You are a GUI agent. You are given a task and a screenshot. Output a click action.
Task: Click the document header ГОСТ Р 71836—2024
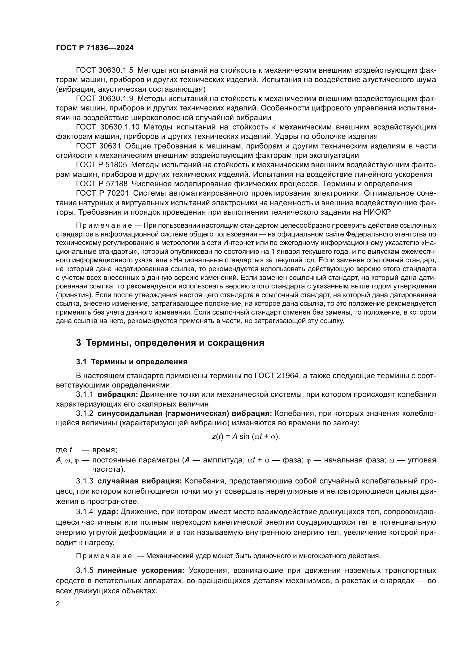pyautogui.click(x=95, y=48)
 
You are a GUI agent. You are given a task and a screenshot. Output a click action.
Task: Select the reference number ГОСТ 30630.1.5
pyautogui.click(x=105, y=70)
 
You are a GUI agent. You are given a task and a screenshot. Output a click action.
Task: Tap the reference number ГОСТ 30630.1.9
pyautogui.click(x=105, y=99)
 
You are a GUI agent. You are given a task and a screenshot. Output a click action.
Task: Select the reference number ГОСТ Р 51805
pyautogui.click(x=101, y=165)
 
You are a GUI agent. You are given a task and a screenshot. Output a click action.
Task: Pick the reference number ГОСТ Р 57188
pyautogui.click(x=101, y=184)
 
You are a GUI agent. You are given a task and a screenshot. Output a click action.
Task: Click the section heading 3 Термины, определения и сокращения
pyautogui.click(x=170, y=343)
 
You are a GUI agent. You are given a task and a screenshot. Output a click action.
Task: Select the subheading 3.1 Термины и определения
pyautogui.click(x=132, y=362)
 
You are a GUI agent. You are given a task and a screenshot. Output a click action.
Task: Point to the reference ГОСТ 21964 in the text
pyautogui.click(x=279, y=376)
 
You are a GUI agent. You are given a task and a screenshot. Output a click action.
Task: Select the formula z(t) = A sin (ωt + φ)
pyautogui.click(x=246, y=436)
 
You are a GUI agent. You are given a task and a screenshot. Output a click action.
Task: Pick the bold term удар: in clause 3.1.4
pyautogui.click(x=108, y=512)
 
